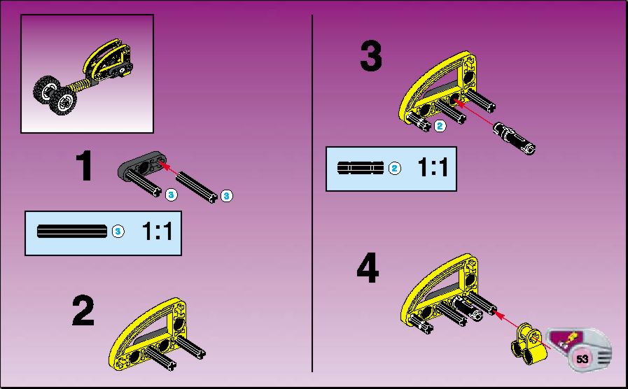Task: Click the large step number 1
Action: point(84,165)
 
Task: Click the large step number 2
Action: point(83,310)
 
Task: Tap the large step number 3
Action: point(371,57)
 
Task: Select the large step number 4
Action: point(368,267)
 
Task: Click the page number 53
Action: point(582,359)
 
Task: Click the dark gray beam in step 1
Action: point(142,164)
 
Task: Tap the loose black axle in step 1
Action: point(196,187)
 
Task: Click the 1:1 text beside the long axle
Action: point(157,232)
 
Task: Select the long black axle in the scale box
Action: point(72,232)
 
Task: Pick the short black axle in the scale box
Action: point(361,168)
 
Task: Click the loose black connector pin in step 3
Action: point(515,138)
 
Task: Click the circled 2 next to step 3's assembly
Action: point(440,126)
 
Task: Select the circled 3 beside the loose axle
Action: point(227,196)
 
